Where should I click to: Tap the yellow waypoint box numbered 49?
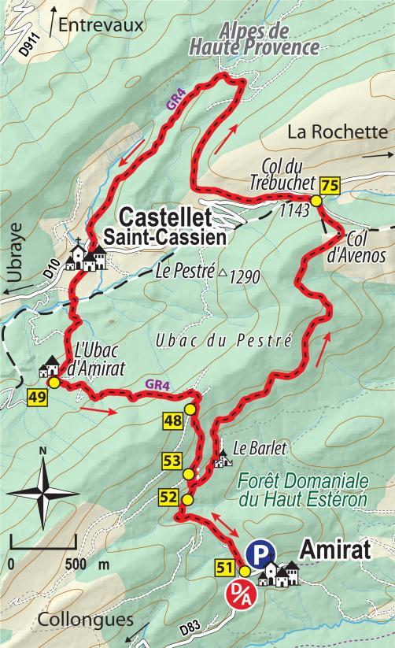pyautogui.click(x=35, y=397)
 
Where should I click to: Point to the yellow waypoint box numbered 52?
pyautogui.click(x=168, y=497)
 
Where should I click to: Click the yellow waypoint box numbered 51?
pyautogui.click(x=223, y=565)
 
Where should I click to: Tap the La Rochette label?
pyautogui.click(x=338, y=132)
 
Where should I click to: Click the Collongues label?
pyautogui.click(x=84, y=620)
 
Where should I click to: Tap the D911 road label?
pyautogui.click(x=28, y=45)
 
